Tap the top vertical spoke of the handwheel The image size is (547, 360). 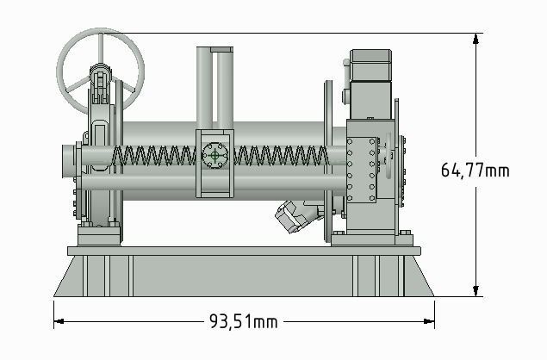101,47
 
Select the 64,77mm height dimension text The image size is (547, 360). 475,171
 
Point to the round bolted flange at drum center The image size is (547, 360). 214,157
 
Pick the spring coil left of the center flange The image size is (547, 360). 155,157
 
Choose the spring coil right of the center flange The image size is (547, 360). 280,157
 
